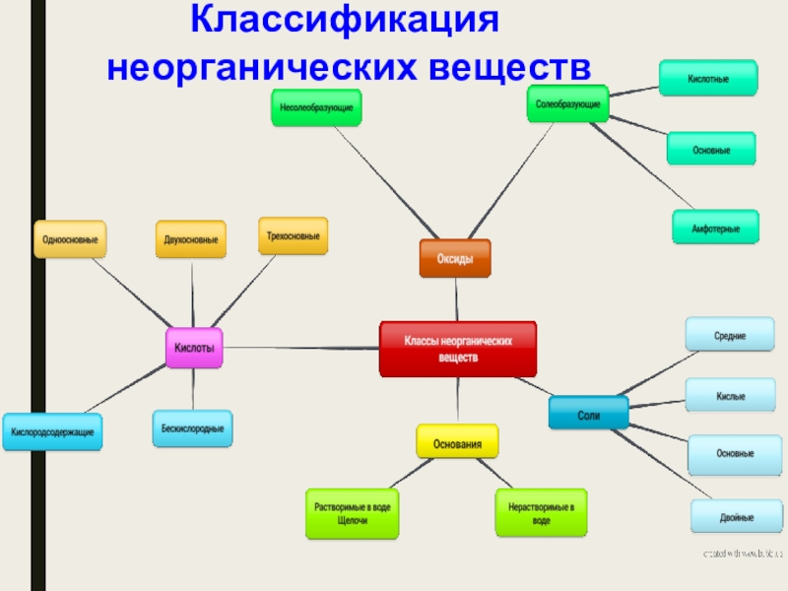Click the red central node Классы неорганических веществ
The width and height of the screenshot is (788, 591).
(x=458, y=349)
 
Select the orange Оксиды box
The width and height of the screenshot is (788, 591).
(x=455, y=258)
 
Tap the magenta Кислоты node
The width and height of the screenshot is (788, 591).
(x=194, y=348)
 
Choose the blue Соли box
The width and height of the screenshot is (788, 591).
(x=588, y=412)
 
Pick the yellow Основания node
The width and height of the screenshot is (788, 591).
(x=457, y=443)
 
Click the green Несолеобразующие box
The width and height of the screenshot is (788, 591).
(x=316, y=107)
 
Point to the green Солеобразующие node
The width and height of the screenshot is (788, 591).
(x=568, y=103)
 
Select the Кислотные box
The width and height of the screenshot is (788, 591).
(x=709, y=78)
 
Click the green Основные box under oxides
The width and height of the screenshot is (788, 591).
(x=711, y=149)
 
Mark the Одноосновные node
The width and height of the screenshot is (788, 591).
(x=70, y=239)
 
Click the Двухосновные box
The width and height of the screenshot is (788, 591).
(x=191, y=239)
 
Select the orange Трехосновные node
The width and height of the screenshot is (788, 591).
(x=294, y=236)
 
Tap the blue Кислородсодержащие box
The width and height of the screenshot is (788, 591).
(x=53, y=431)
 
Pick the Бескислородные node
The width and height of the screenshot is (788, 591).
(x=192, y=427)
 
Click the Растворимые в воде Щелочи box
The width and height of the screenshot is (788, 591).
(x=352, y=513)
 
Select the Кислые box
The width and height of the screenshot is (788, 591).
(x=730, y=396)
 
